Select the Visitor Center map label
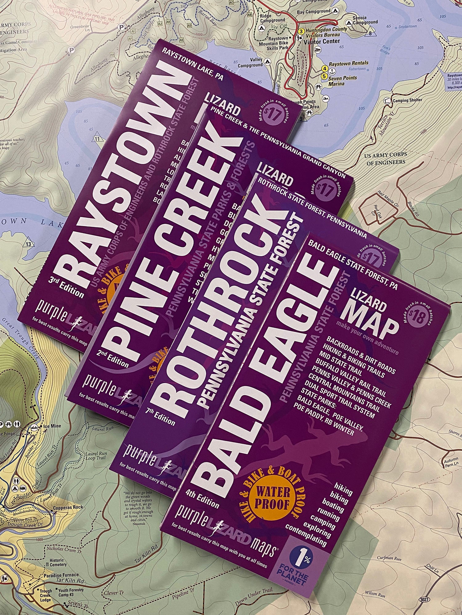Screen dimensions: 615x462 pos(322,41)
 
